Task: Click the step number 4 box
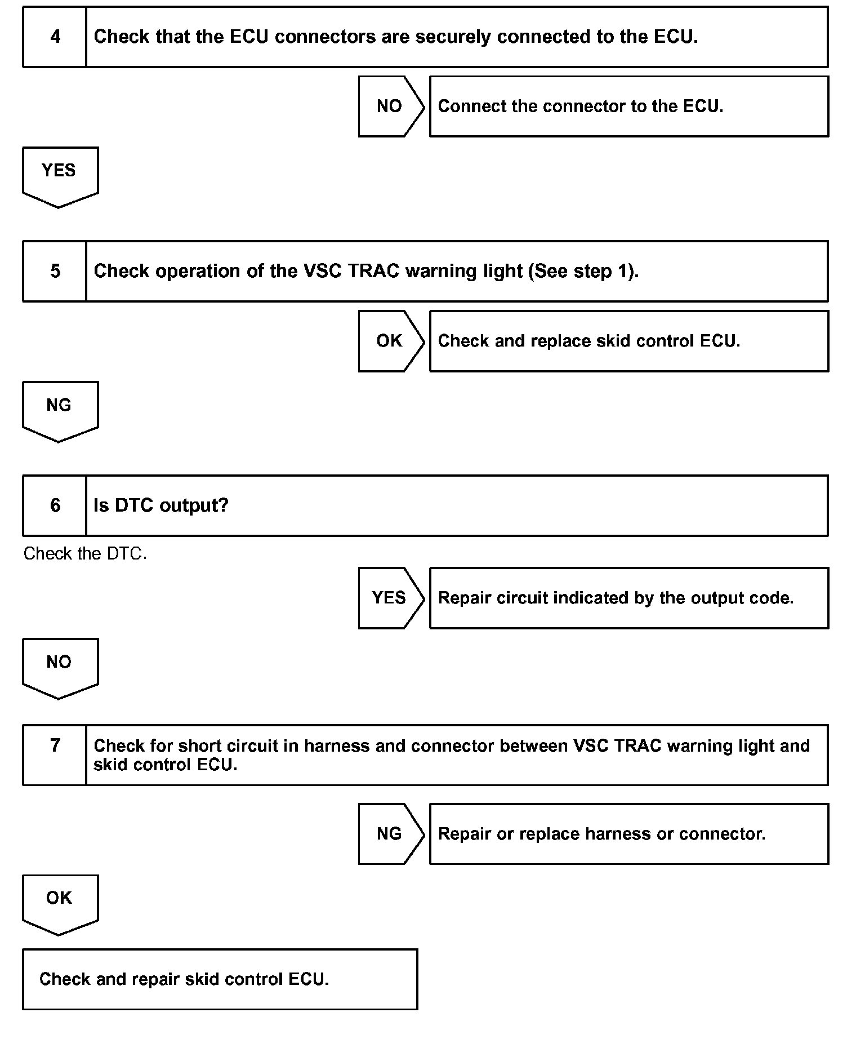click(55, 37)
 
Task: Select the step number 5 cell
click(55, 271)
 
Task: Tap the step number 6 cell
click(55, 505)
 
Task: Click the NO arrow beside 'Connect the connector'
click(390, 106)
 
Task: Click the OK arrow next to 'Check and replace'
click(390, 341)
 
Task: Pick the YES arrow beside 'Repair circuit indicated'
click(390, 598)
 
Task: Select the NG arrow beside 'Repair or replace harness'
click(390, 834)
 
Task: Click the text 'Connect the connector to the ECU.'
click(581, 106)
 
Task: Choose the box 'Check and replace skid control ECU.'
click(589, 341)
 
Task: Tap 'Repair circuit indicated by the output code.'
click(616, 598)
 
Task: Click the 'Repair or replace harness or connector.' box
click(601, 834)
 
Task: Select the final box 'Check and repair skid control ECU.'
click(184, 979)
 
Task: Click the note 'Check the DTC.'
click(85, 554)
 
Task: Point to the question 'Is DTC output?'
click(161, 505)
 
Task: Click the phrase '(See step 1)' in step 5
click(583, 271)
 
